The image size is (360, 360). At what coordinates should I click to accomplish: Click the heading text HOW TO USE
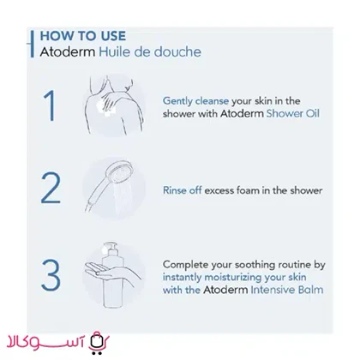point(83,36)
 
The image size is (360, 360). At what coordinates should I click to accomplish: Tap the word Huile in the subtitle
point(112,51)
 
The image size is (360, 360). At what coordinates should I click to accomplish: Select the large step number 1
point(50,105)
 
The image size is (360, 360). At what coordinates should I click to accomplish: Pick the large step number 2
point(51,188)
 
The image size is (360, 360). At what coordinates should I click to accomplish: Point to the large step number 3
point(51,274)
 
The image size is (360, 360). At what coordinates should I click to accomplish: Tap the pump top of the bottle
point(110,248)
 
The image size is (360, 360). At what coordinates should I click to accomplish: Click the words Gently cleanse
point(195,101)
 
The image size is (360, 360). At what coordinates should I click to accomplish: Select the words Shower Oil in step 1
point(293,113)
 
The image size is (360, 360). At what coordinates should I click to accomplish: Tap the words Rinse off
point(183,190)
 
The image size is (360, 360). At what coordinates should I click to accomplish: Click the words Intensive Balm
point(287,290)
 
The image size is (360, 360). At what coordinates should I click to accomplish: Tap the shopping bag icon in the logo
point(98,342)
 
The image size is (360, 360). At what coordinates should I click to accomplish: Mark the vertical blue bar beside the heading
point(33,44)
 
